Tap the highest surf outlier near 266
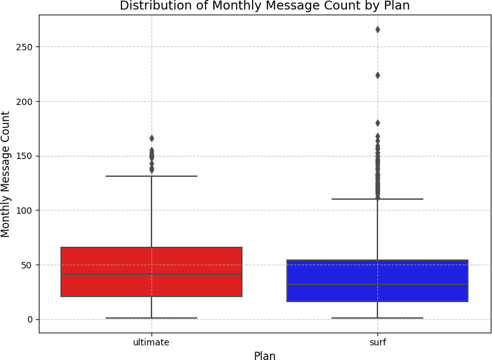[x=377, y=29]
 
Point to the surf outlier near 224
[x=377, y=75]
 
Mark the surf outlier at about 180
[x=377, y=123]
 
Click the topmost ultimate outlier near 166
[x=151, y=138]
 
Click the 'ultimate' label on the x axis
[x=151, y=342]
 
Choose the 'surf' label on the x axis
[x=377, y=342]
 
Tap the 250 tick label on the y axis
[x=25, y=47]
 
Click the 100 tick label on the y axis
[x=25, y=211]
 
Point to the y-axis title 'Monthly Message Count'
[x=6, y=174]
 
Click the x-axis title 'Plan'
[x=265, y=356]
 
